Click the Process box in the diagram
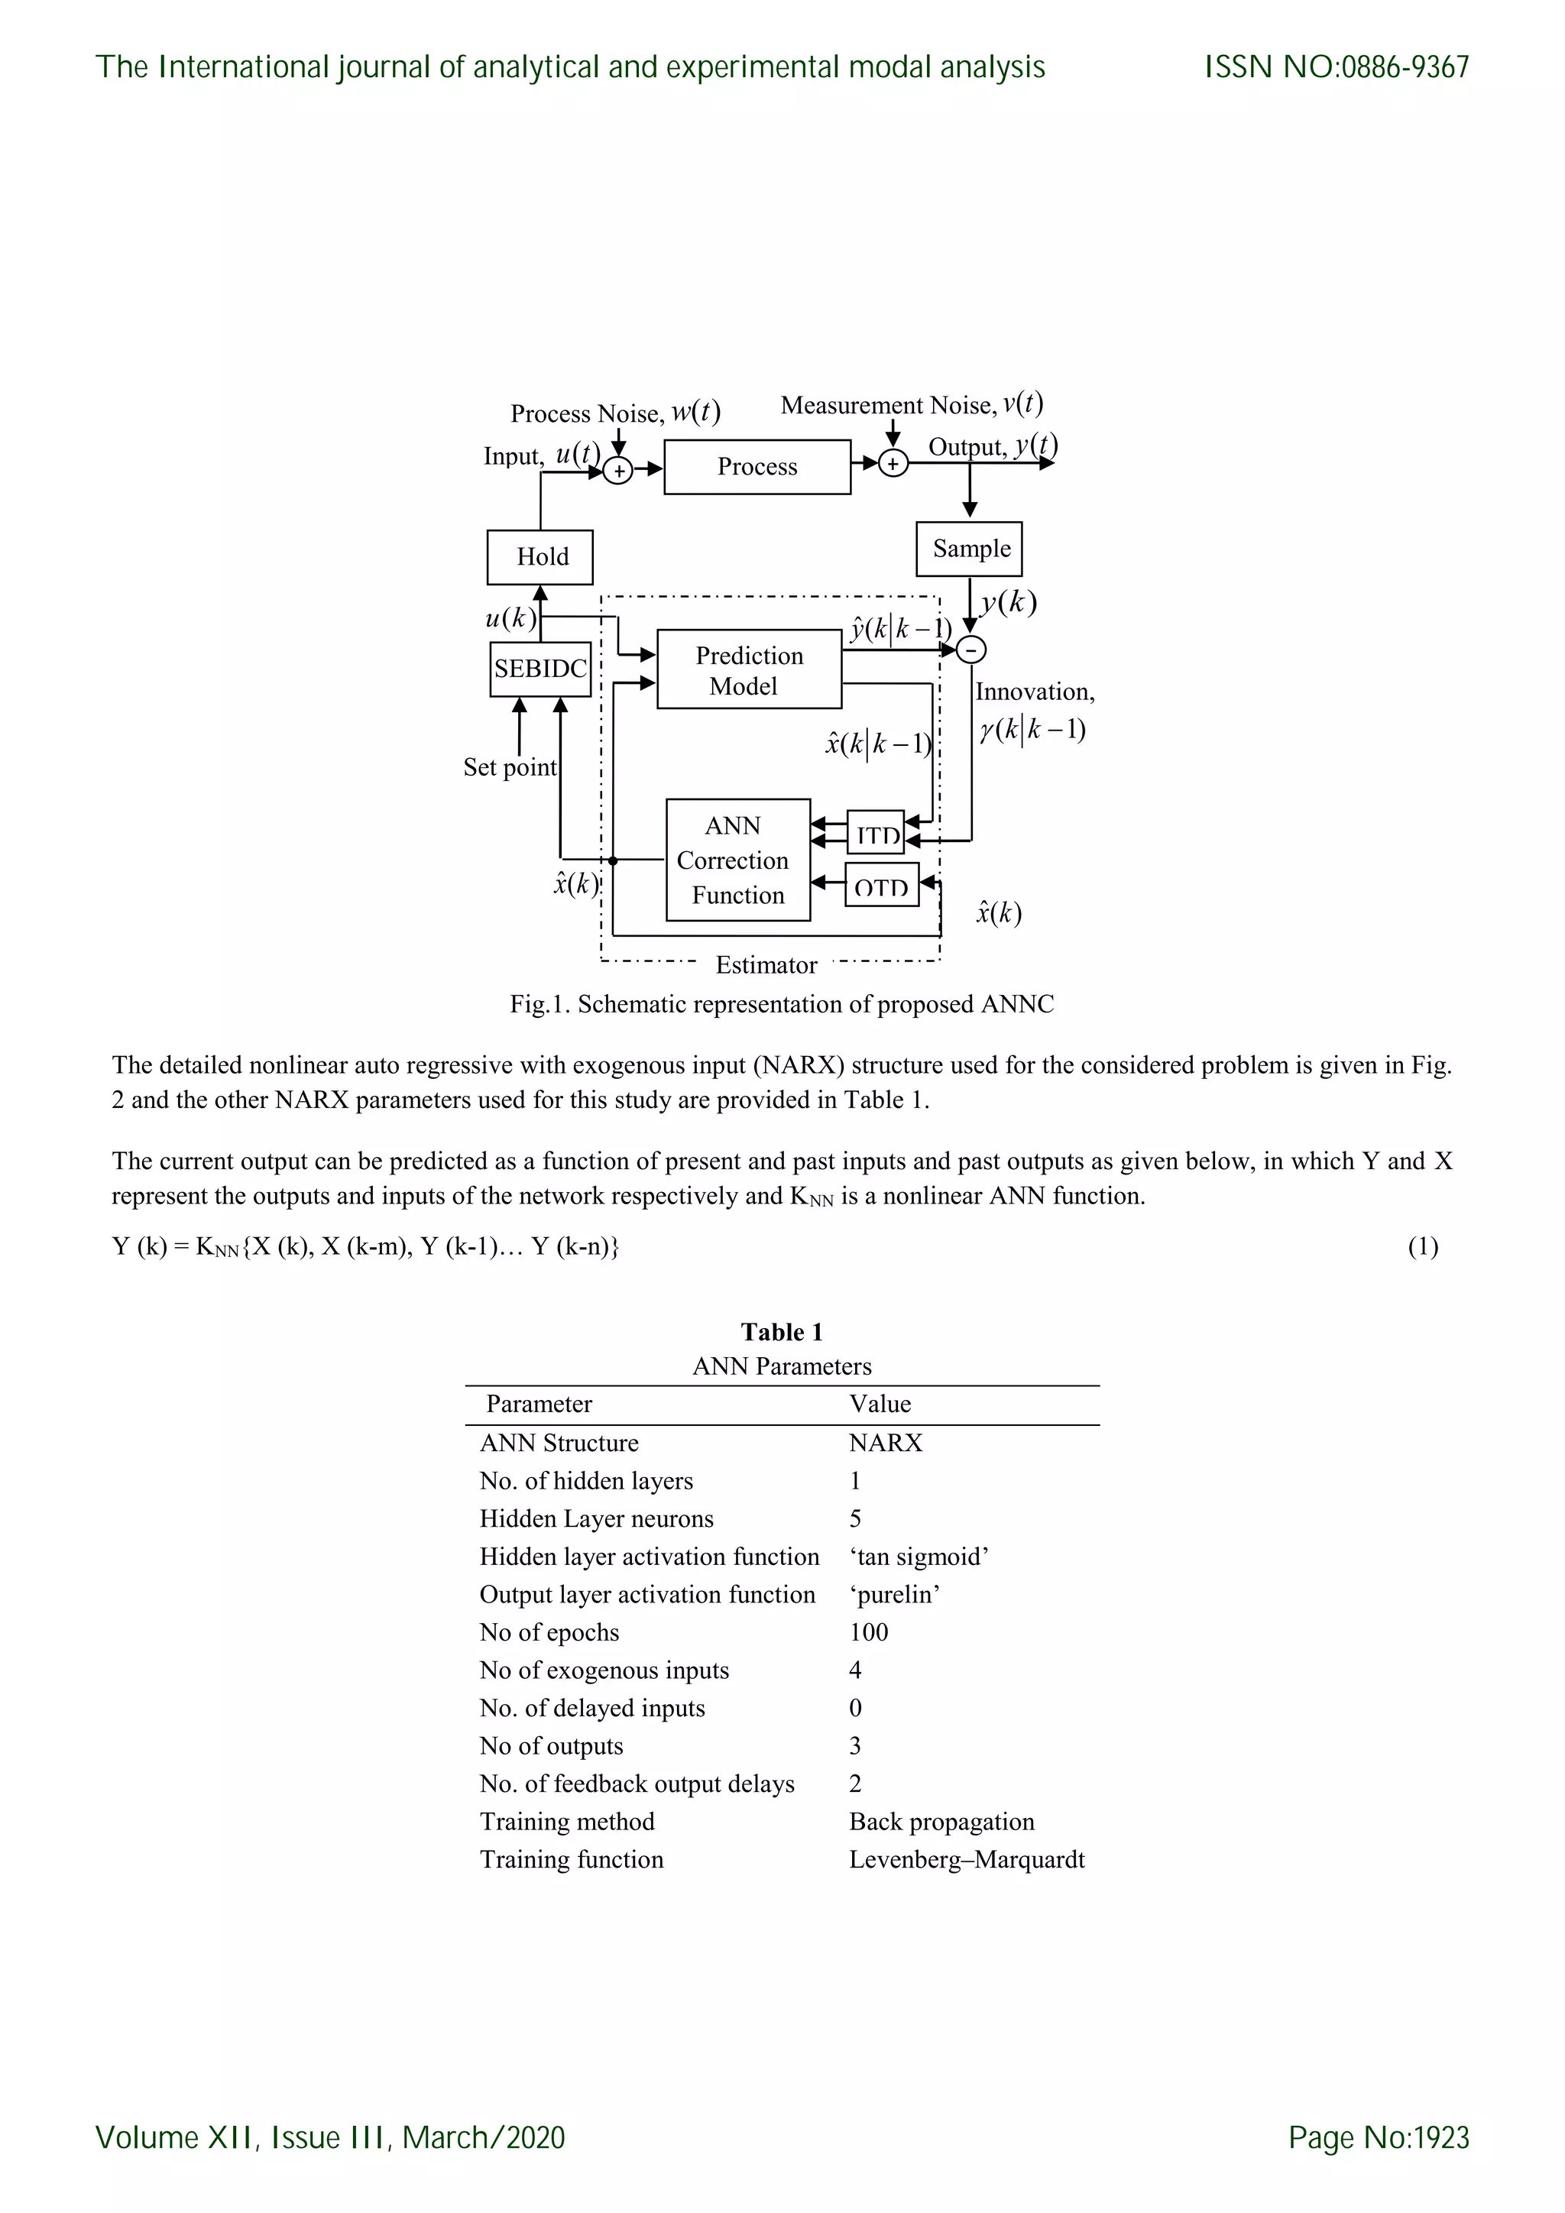coord(757,468)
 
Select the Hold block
coord(539,557)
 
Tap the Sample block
coord(970,549)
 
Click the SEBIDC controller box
coord(539,669)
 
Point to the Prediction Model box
coord(749,670)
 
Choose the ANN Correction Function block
coord(737,860)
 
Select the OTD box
coord(882,885)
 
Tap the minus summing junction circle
coord(971,650)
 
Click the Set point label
coord(510,767)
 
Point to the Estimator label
coord(766,965)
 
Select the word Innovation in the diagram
coord(1034,692)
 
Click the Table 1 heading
coord(782,1332)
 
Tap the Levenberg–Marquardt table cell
coord(967,1859)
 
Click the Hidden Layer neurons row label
coord(597,1519)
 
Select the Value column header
coord(880,1405)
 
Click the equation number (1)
coord(1422,1247)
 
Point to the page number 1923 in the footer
coord(1439,2138)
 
